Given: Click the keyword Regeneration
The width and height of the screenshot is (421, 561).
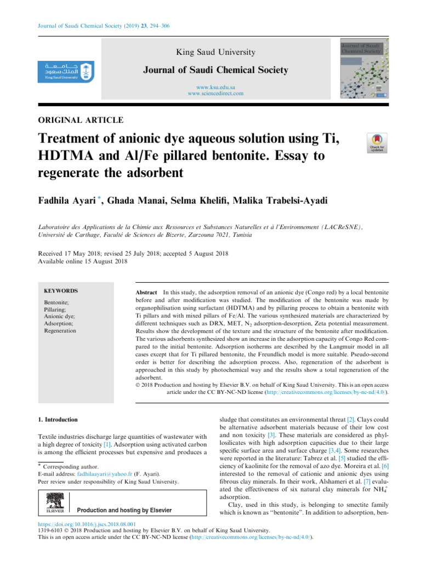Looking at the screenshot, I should pyautogui.click(x=60, y=331).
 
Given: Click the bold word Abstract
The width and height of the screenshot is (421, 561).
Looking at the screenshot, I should pyautogui.click(x=146, y=294).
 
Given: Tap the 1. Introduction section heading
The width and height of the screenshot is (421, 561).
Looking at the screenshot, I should pyautogui.click(x=56, y=420).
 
